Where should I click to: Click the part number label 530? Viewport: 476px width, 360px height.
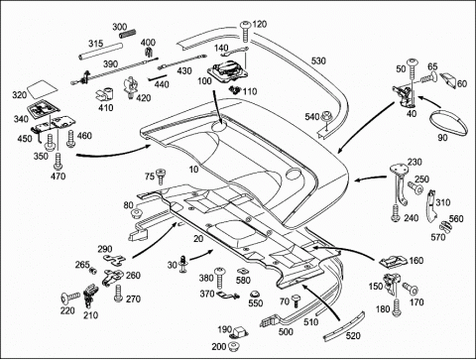[x=318, y=60]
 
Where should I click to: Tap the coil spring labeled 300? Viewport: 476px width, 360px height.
[x=129, y=34]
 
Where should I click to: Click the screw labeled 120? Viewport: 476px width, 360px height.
[x=245, y=32]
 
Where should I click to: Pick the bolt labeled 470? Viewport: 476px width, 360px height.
[x=59, y=161]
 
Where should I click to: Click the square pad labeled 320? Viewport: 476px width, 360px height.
[x=42, y=89]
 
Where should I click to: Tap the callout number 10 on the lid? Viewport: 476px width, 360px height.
[x=193, y=169]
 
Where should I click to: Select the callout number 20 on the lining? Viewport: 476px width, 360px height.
[x=198, y=238]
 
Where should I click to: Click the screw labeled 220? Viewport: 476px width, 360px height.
[x=70, y=298]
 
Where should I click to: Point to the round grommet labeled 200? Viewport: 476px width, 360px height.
[x=234, y=347]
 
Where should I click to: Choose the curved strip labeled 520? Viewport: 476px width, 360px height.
[x=344, y=325]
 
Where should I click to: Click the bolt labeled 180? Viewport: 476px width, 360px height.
[x=397, y=307]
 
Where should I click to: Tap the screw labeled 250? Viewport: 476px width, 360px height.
[x=416, y=188]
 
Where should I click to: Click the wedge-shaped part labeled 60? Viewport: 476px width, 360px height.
[x=447, y=79]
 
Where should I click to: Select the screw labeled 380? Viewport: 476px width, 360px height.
[x=219, y=278]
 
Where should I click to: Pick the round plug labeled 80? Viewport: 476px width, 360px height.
[x=137, y=213]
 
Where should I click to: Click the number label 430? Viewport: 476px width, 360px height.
[x=184, y=70]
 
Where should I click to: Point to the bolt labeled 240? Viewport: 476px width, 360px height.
[x=396, y=213]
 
